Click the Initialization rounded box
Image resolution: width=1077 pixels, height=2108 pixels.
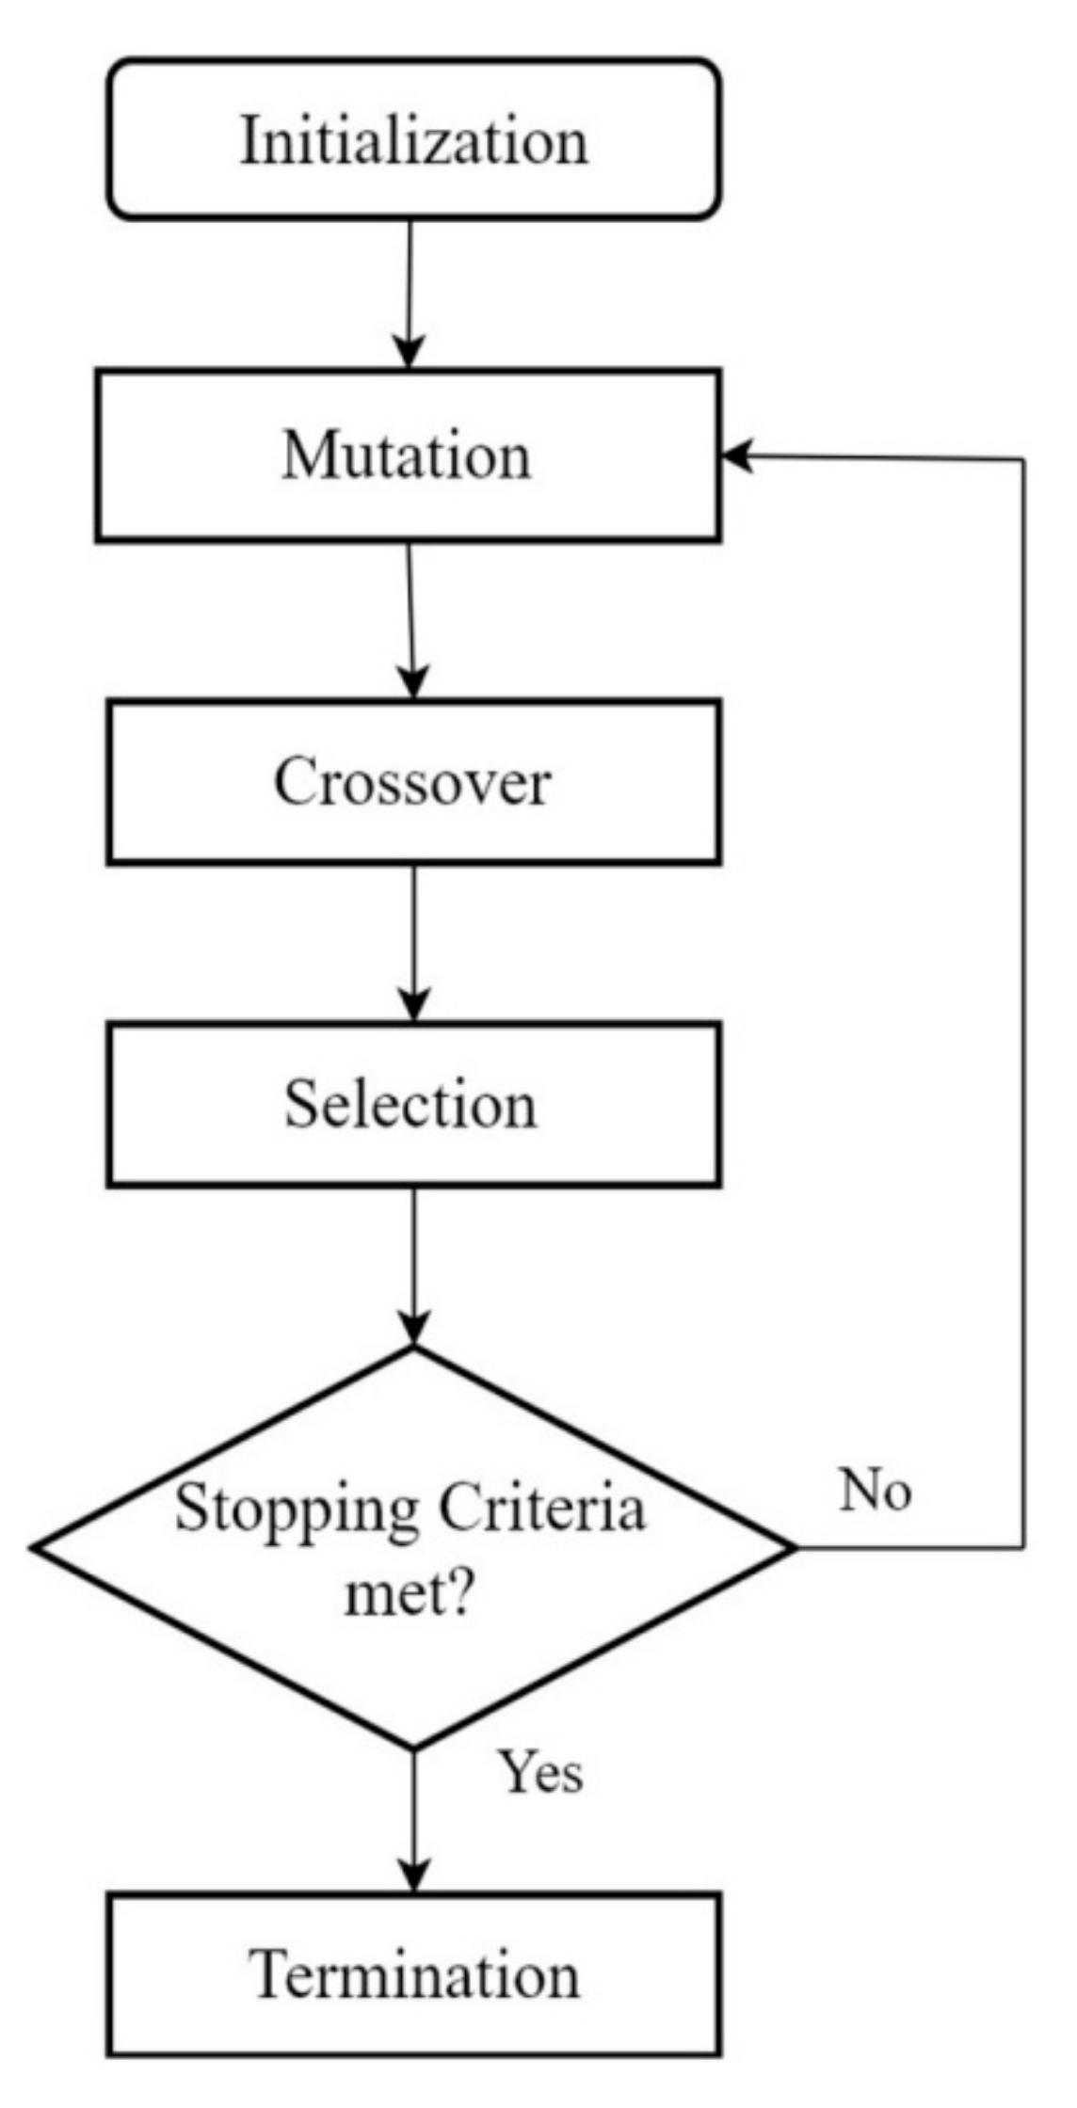coord(414,139)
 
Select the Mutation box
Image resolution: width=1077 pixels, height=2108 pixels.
coord(408,455)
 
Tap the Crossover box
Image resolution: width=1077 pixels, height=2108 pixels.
coord(414,781)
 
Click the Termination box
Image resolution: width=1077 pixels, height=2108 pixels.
coord(414,1973)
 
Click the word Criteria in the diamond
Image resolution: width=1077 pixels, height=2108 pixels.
coord(542,1508)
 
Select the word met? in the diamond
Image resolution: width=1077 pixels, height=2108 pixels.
coord(409,1594)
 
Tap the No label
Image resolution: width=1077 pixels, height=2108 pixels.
coord(876,1491)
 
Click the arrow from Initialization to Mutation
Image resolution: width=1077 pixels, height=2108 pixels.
coord(410,292)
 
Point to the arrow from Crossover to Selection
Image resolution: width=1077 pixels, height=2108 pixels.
coord(414,941)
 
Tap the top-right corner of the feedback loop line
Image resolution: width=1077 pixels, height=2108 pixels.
coord(1023,460)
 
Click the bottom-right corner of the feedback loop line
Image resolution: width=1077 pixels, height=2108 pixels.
coord(1023,1546)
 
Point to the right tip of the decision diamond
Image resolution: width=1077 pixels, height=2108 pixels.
coord(794,1546)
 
